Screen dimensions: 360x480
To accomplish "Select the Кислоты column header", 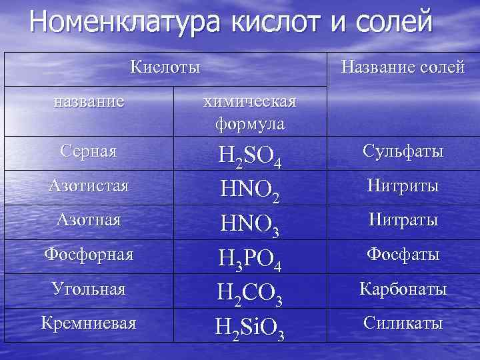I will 165,67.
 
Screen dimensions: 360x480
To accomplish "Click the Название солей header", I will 403,67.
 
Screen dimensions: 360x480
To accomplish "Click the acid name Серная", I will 88,151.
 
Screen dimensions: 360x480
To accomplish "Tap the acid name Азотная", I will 88,219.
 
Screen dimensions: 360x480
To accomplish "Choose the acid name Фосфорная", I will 88,254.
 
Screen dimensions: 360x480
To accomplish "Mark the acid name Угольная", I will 88,289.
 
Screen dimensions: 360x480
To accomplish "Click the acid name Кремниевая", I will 88,323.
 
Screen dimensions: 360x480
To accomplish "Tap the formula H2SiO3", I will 249,327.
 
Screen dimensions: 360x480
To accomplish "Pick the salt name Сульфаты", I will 403,151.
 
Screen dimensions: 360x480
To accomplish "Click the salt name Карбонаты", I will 403,289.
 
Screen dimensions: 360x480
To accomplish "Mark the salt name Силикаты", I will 403,323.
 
